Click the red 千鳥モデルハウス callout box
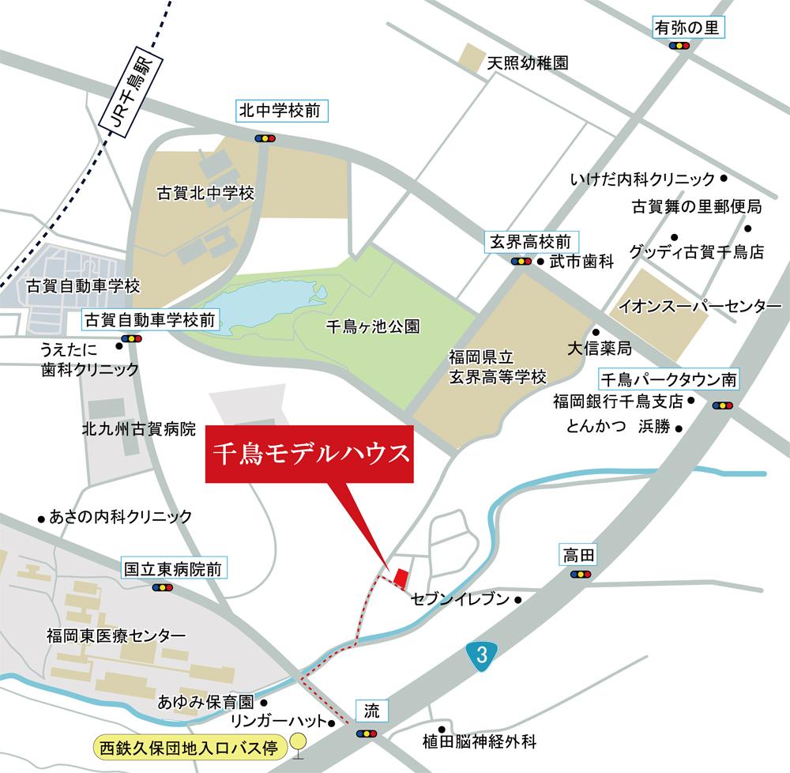[310, 454]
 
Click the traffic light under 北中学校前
[265, 138]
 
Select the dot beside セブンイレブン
[518, 600]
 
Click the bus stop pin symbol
[298, 744]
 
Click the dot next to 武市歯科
[540, 261]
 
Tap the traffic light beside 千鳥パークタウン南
[721, 405]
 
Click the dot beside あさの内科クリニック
[41, 518]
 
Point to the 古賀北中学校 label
[205, 193]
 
